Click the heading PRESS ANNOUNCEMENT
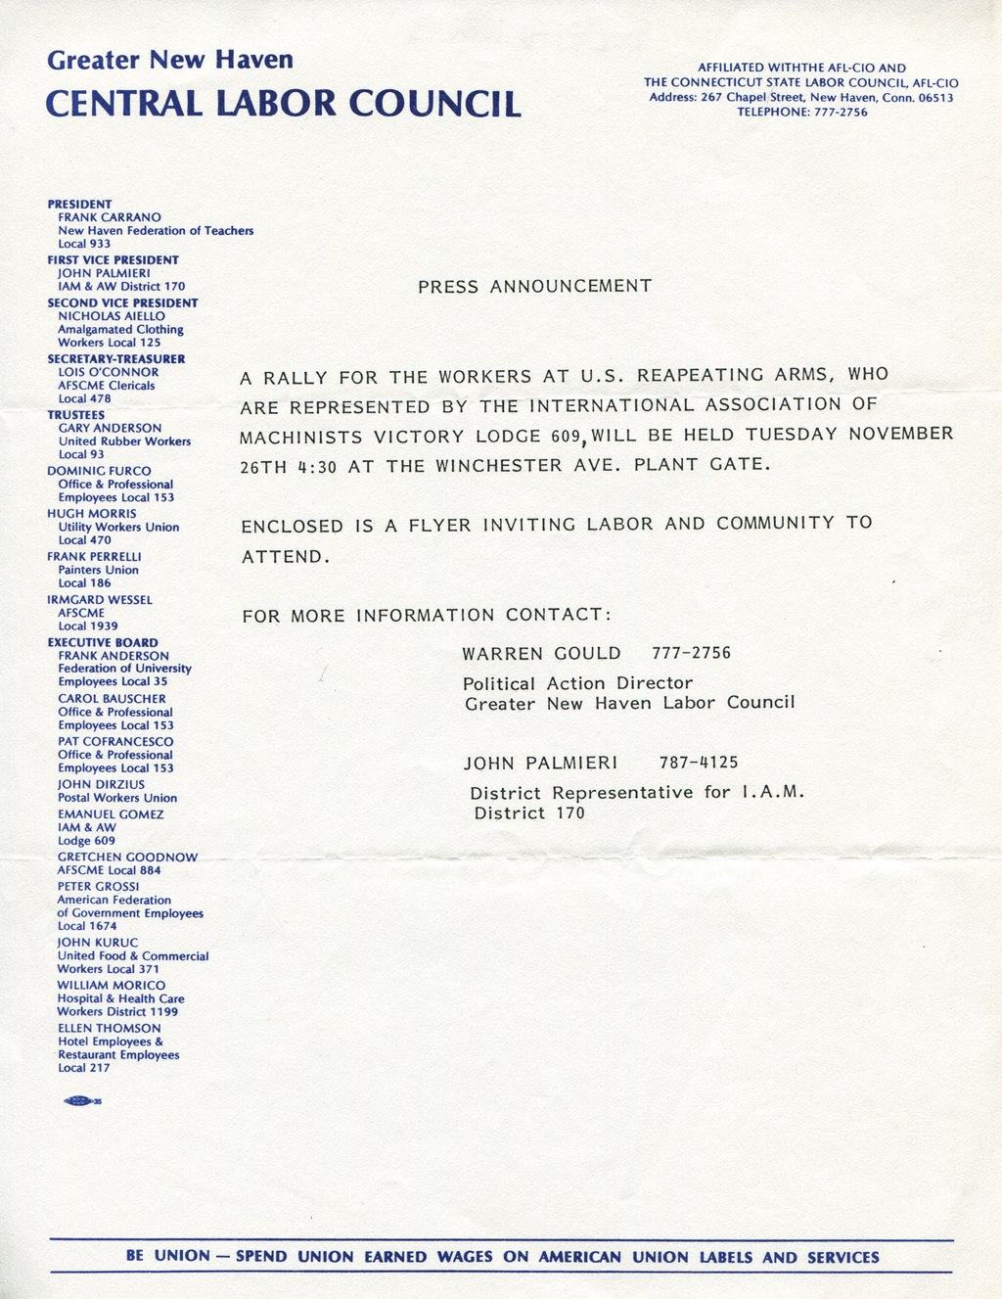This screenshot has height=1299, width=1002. coord(534,287)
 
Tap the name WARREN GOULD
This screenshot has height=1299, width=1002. coord(541,654)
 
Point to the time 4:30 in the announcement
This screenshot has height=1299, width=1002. coord(317,467)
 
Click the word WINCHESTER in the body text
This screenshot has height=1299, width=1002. coord(499,466)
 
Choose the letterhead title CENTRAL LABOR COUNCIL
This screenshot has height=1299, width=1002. coord(283,104)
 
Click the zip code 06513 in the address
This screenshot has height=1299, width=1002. coord(935,98)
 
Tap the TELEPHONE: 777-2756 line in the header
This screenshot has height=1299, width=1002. coord(801,113)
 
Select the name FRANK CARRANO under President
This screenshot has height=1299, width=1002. coord(110,217)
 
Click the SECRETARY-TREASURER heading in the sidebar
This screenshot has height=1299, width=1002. coord(116,359)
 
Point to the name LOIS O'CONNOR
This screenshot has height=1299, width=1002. coord(109,372)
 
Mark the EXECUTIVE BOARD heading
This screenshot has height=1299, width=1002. coord(103,643)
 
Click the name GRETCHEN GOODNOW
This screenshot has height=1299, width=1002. coord(127,858)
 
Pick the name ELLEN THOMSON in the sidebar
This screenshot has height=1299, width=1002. coord(109,1029)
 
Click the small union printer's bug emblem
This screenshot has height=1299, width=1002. coord(81,1102)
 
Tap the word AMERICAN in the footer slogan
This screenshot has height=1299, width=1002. coord(579,1258)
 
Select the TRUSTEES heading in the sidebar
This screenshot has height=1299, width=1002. coord(76,415)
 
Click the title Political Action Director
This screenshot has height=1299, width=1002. coord(577,683)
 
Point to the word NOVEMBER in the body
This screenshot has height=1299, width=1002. coord(900,434)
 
